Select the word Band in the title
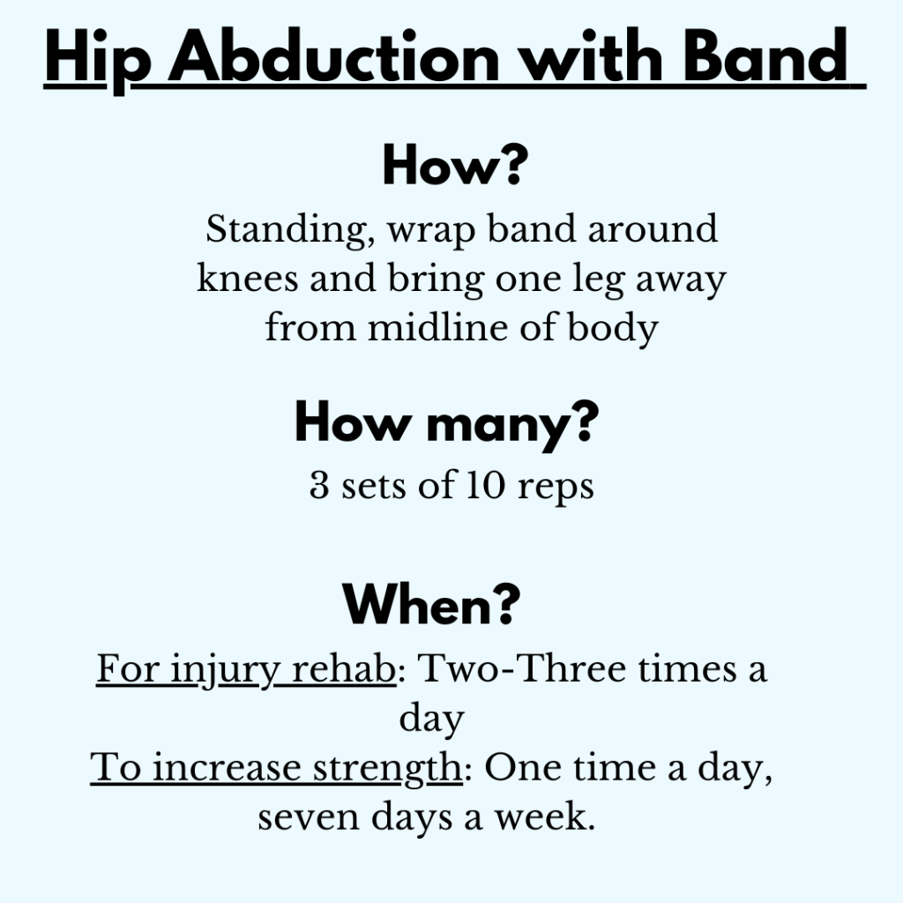click(x=765, y=56)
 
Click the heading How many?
click(x=447, y=424)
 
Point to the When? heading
click(x=431, y=604)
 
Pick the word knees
click(x=248, y=278)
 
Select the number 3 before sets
click(x=319, y=485)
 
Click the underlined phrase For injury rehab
click(x=246, y=670)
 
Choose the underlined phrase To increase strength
click(x=276, y=769)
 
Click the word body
click(x=613, y=329)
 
